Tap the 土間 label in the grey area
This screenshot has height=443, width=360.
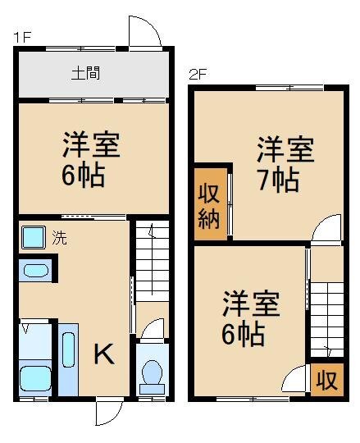click(85, 73)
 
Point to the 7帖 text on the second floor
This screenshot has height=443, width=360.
click(276, 180)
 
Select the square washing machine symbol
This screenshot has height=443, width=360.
click(34, 239)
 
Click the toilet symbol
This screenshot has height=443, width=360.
click(152, 374)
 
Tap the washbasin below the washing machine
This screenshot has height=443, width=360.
click(34, 270)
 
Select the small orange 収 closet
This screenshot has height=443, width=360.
click(326, 381)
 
